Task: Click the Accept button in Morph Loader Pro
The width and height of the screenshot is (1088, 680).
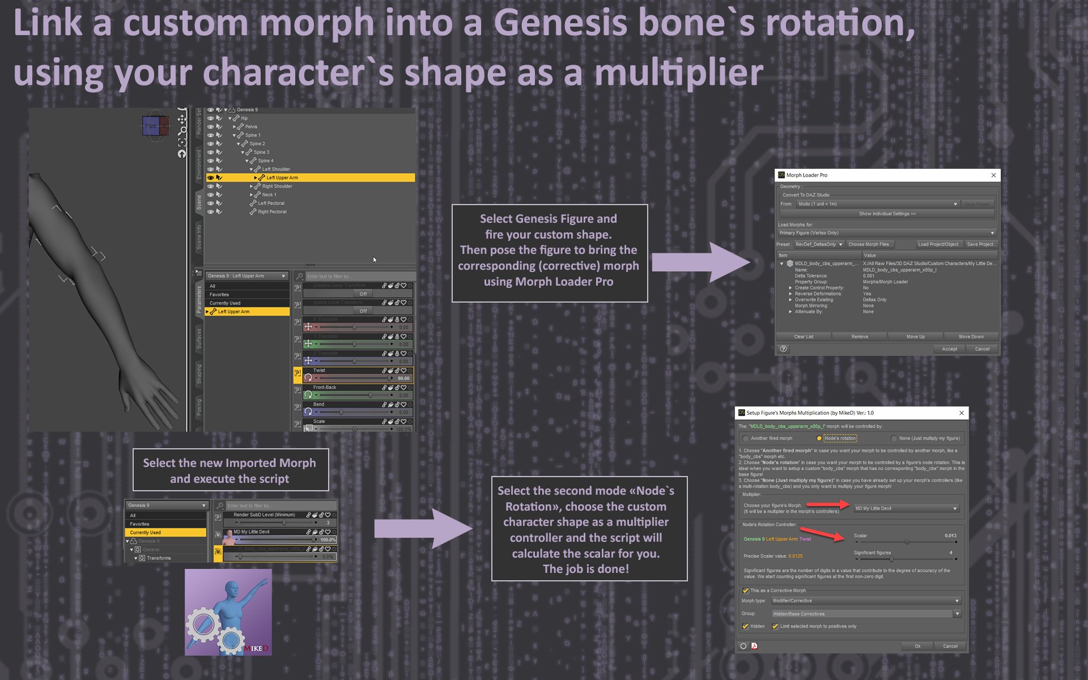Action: tap(949, 349)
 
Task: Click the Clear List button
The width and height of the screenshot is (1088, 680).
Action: tap(804, 337)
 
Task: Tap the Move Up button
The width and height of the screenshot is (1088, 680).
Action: tap(915, 337)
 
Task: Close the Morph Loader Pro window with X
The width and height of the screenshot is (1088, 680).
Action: tap(993, 175)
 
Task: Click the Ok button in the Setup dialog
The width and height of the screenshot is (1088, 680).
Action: tap(917, 646)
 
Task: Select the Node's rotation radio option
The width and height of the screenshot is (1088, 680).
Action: tap(819, 438)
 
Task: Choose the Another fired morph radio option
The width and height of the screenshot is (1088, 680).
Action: tap(746, 438)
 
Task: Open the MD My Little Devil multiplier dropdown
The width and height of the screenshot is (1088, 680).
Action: tap(906, 508)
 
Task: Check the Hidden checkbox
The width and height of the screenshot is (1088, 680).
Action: tap(746, 626)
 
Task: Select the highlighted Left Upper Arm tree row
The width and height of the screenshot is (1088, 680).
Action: tap(282, 178)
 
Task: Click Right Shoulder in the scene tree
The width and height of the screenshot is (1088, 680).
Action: tap(277, 186)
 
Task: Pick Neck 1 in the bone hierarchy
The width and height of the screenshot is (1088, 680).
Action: tap(269, 195)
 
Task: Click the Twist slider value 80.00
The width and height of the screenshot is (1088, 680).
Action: tap(403, 378)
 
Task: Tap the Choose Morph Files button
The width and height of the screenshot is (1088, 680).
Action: tap(869, 244)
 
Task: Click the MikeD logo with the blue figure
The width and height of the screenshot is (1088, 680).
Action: tap(228, 612)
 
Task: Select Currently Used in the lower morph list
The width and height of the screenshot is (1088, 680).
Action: tap(146, 533)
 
